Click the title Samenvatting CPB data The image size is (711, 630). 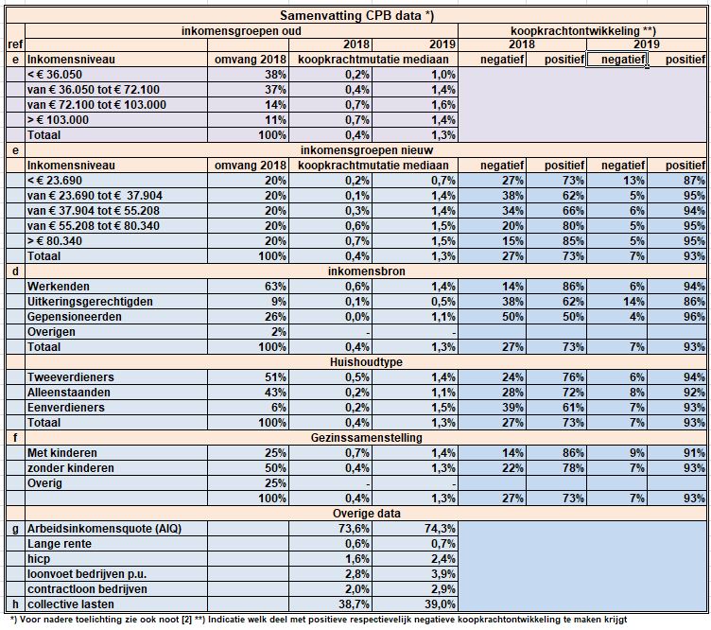coord(356,15)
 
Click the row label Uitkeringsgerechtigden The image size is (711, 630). coord(90,302)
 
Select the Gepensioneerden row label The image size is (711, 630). coord(75,317)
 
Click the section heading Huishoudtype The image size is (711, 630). coord(367,362)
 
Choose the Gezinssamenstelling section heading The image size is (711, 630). coord(367,438)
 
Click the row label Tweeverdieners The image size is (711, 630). coord(71,377)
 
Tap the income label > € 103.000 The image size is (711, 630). coord(58,120)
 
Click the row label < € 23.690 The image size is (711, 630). coord(55,181)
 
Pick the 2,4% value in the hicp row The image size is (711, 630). coord(443,559)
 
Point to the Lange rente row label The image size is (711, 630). coord(60,544)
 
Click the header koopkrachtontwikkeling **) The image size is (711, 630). coord(583,31)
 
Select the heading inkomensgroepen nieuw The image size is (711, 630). coord(367,150)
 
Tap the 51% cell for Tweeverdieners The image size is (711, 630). coord(275,377)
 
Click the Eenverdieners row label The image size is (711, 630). coord(66,408)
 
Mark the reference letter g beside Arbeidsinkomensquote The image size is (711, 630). coord(15,529)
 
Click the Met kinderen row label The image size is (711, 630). coord(62,453)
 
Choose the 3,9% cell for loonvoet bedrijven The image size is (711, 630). coord(443,574)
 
